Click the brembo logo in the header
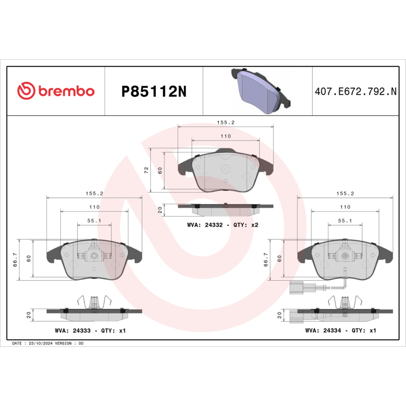56,91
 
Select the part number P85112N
154,91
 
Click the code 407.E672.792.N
355,91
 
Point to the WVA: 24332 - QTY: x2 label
223,224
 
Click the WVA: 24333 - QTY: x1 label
90,330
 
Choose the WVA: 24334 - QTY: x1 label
341,330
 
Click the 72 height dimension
147,170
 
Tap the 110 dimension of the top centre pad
225,137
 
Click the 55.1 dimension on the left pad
94,221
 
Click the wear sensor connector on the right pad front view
296,288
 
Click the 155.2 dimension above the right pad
345,193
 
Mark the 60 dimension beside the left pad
29,257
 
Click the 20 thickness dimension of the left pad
29,315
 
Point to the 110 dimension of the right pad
345,207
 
